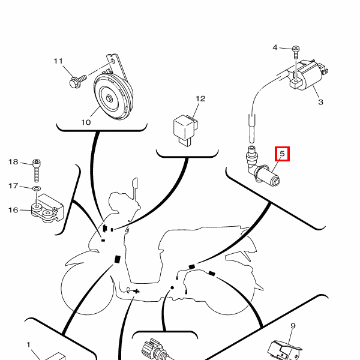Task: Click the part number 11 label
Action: [58, 61]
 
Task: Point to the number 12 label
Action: [200, 98]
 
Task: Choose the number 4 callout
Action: [276, 47]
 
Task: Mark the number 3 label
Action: [320, 102]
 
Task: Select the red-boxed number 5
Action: [282, 154]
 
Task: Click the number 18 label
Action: [13, 162]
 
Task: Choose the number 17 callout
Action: [13, 186]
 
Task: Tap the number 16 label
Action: [13, 210]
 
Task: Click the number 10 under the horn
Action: [86, 122]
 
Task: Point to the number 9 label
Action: [293, 326]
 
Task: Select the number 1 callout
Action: [28, 344]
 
